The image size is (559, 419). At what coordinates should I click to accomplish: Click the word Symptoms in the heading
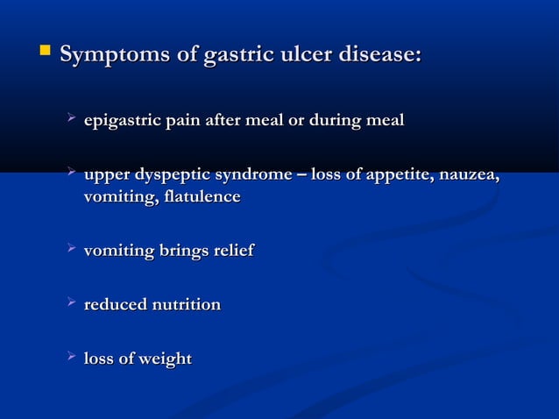(116, 55)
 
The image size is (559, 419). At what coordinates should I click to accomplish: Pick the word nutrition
(186, 305)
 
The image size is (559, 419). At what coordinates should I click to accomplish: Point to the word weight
(164, 359)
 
